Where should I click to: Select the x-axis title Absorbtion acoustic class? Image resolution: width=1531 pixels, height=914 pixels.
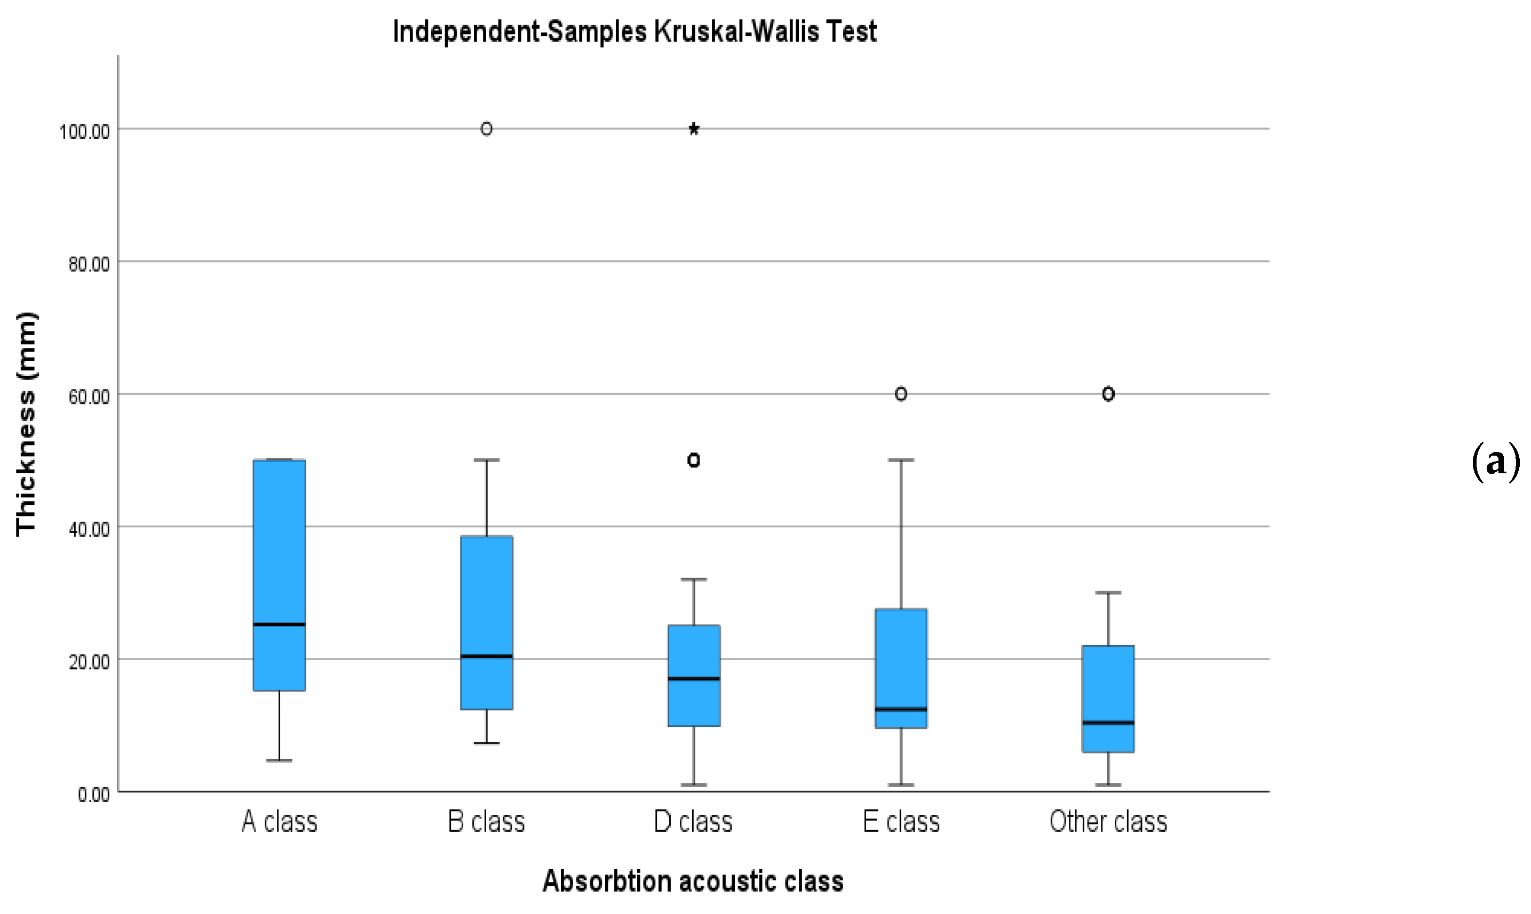pyautogui.click(x=693, y=881)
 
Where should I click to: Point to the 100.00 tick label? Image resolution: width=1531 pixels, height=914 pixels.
pyautogui.click(x=84, y=132)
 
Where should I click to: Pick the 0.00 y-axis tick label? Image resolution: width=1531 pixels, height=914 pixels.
pyautogui.click(x=93, y=794)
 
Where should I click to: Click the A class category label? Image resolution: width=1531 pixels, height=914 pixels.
pyautogui.click(x=280, y=822)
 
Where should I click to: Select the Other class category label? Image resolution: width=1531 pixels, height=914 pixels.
pyautogui.click(x=1108, y=822)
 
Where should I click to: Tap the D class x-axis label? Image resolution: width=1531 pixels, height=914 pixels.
pyautogui.click(x=693, y=822)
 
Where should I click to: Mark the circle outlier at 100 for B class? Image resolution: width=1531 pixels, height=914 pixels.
pyautogui.click(x=487, y=129)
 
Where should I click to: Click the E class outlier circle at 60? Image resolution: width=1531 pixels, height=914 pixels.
pyautogui.click(x=901, y=394)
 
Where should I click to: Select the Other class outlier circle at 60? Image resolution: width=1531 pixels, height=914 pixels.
pyautogui.click(x=1108, y=394)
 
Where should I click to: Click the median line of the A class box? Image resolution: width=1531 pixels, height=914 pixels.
pyautogui.click(x=280, y=624)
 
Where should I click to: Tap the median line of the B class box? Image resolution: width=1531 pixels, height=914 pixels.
pyautogui.click(x=487, y=656)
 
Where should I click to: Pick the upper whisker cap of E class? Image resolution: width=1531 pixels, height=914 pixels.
pyautogui.click(x=901, y=460)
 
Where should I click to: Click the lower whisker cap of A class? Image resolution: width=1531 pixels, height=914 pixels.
pyautogui.click(x=280, y=761)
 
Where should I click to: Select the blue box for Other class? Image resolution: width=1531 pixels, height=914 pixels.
pyautogui.click(x=1108, y=683)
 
